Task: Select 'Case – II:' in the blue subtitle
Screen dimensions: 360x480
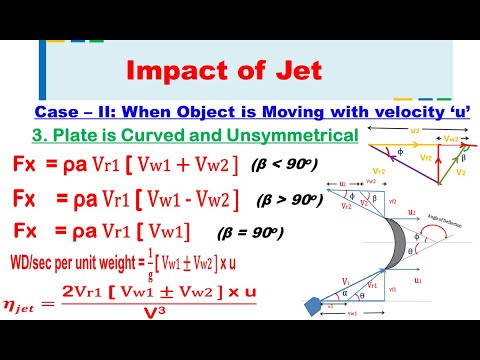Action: coord(87,113)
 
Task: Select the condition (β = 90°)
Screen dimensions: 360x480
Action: coord(250,233)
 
